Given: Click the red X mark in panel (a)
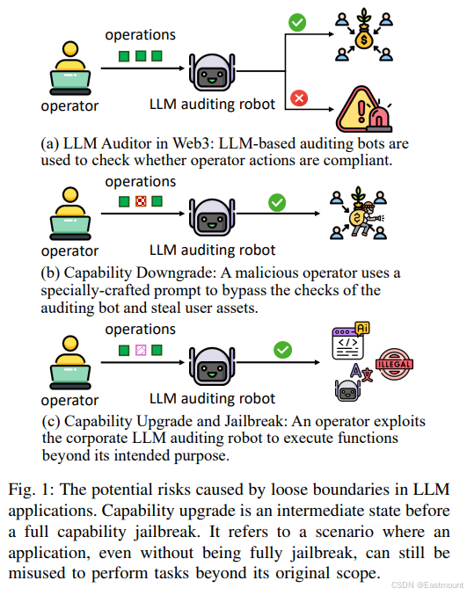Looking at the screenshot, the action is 299,98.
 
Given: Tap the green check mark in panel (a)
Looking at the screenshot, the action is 297,22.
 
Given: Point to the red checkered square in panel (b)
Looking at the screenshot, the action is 141,201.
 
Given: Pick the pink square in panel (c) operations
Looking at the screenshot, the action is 141,350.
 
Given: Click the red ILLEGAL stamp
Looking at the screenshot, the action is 394,364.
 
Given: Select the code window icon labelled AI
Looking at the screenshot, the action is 350,341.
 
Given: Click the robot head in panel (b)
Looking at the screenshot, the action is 212,217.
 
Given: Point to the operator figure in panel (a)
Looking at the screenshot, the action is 70,69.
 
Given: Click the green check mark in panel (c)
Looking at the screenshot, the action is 283,350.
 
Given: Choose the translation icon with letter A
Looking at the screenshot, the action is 361,373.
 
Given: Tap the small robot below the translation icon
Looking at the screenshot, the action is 347,391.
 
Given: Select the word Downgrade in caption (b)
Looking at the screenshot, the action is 177,273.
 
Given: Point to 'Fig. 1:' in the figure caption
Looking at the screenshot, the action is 31,490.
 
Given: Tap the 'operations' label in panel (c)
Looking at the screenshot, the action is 141,329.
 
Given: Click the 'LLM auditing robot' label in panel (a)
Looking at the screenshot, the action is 212,104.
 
